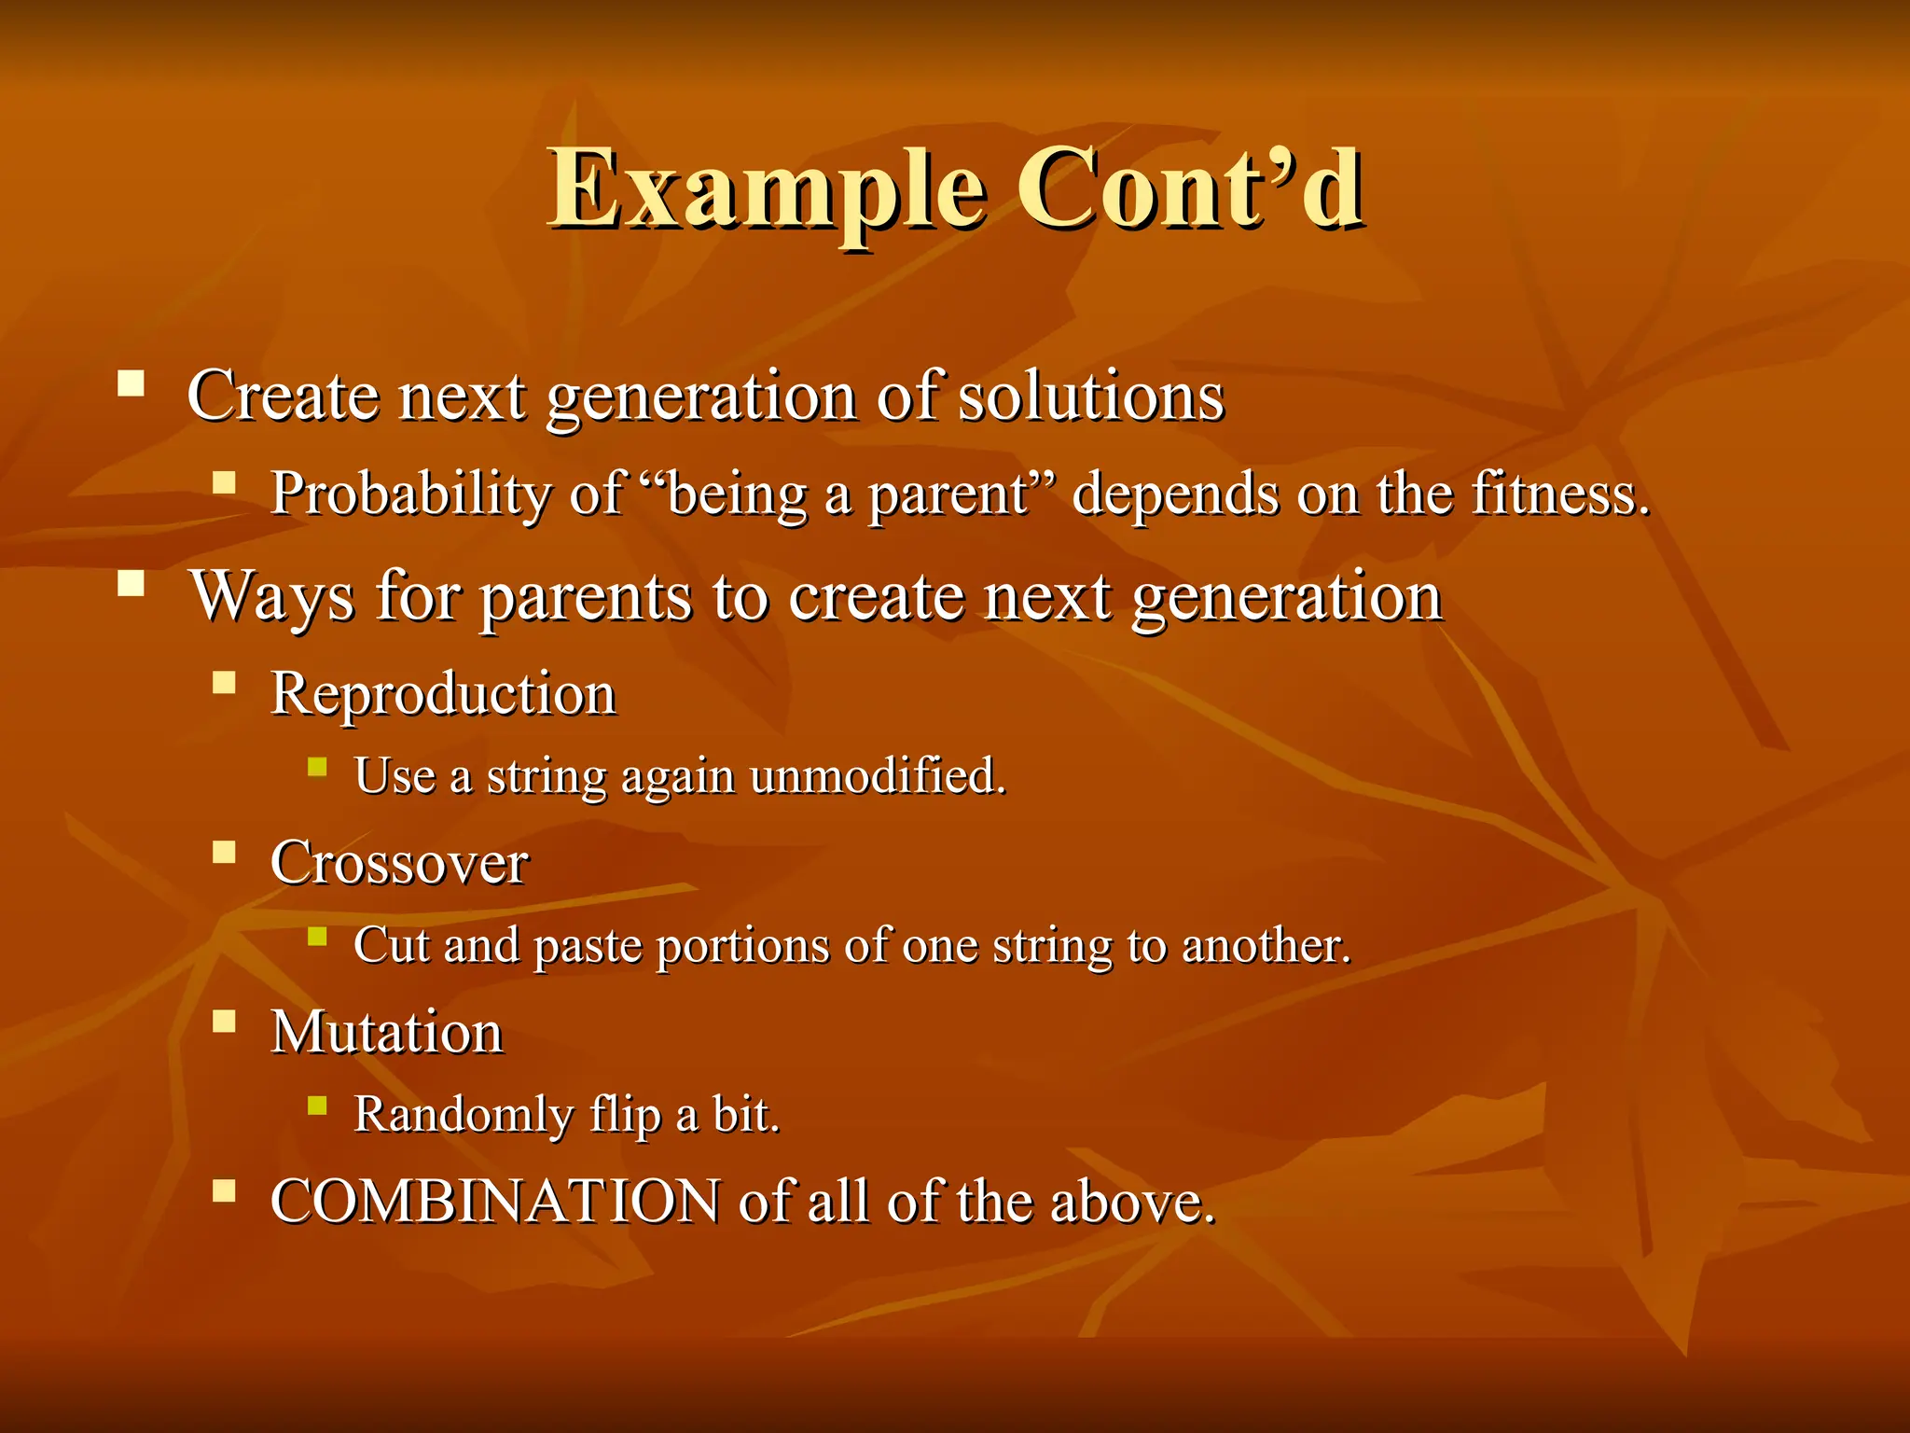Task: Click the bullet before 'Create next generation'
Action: (131, 383)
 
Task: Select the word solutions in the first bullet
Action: (1091, 397)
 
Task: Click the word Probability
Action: (410, 494)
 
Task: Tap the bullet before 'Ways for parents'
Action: (131, 583)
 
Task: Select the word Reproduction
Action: (443, 694)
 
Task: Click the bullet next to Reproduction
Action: (224, 682)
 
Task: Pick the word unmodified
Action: (877, 776)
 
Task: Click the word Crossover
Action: (399, 863)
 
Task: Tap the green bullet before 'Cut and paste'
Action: (317, 936)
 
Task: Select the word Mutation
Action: (387, 1033)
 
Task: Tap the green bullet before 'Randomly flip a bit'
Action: (317, 1106)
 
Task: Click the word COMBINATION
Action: (494, 1202)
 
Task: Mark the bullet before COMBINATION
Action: (224, 1190)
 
